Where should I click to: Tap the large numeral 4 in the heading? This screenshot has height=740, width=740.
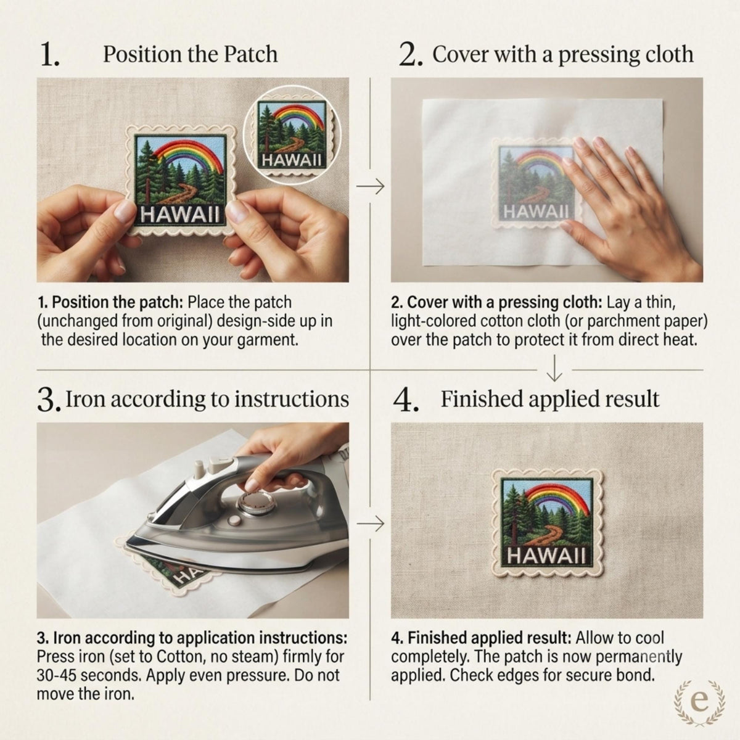[x=405, y=400]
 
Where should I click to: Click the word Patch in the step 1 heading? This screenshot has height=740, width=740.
[x=250, y=54]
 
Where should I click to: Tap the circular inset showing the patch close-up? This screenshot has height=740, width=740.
[x=292, y=134]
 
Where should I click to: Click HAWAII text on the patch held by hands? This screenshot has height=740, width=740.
[x=179, y=214]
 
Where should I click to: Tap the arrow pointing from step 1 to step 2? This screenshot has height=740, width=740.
[x=370, y=187]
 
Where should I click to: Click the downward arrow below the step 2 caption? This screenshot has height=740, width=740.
[x=554, y=368]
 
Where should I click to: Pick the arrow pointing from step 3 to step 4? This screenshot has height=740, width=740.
[x=370, y=524]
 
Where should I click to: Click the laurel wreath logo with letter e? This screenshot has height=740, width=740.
[x=700, y=702]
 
